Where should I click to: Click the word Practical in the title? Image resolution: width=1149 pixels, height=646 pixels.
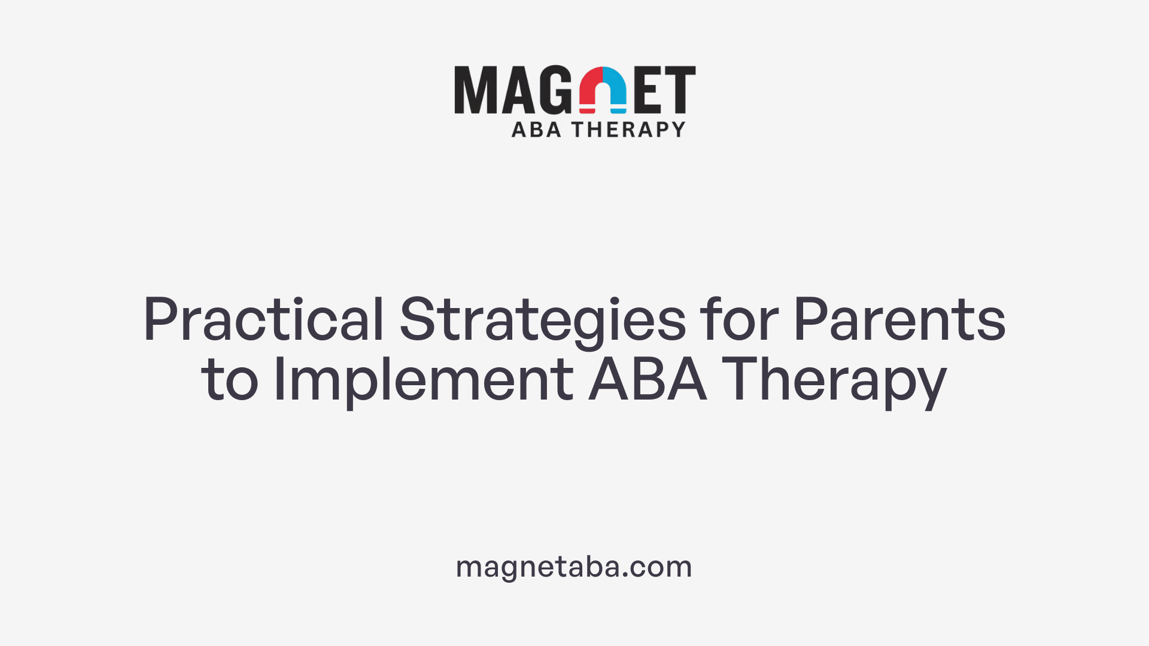click(263, 319)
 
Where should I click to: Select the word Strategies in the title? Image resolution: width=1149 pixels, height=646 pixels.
click(542, 321)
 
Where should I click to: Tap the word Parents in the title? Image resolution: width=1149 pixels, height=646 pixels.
click(899, 319)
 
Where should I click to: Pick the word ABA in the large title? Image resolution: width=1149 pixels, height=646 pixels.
click(648, 379)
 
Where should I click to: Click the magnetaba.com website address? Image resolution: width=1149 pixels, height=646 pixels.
click(574, 566)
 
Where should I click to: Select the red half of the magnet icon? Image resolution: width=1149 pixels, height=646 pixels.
click(591, 90)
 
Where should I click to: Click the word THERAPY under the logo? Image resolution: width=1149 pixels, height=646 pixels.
click(628, 129)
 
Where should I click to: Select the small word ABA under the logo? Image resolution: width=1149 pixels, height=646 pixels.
click(536, 129)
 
